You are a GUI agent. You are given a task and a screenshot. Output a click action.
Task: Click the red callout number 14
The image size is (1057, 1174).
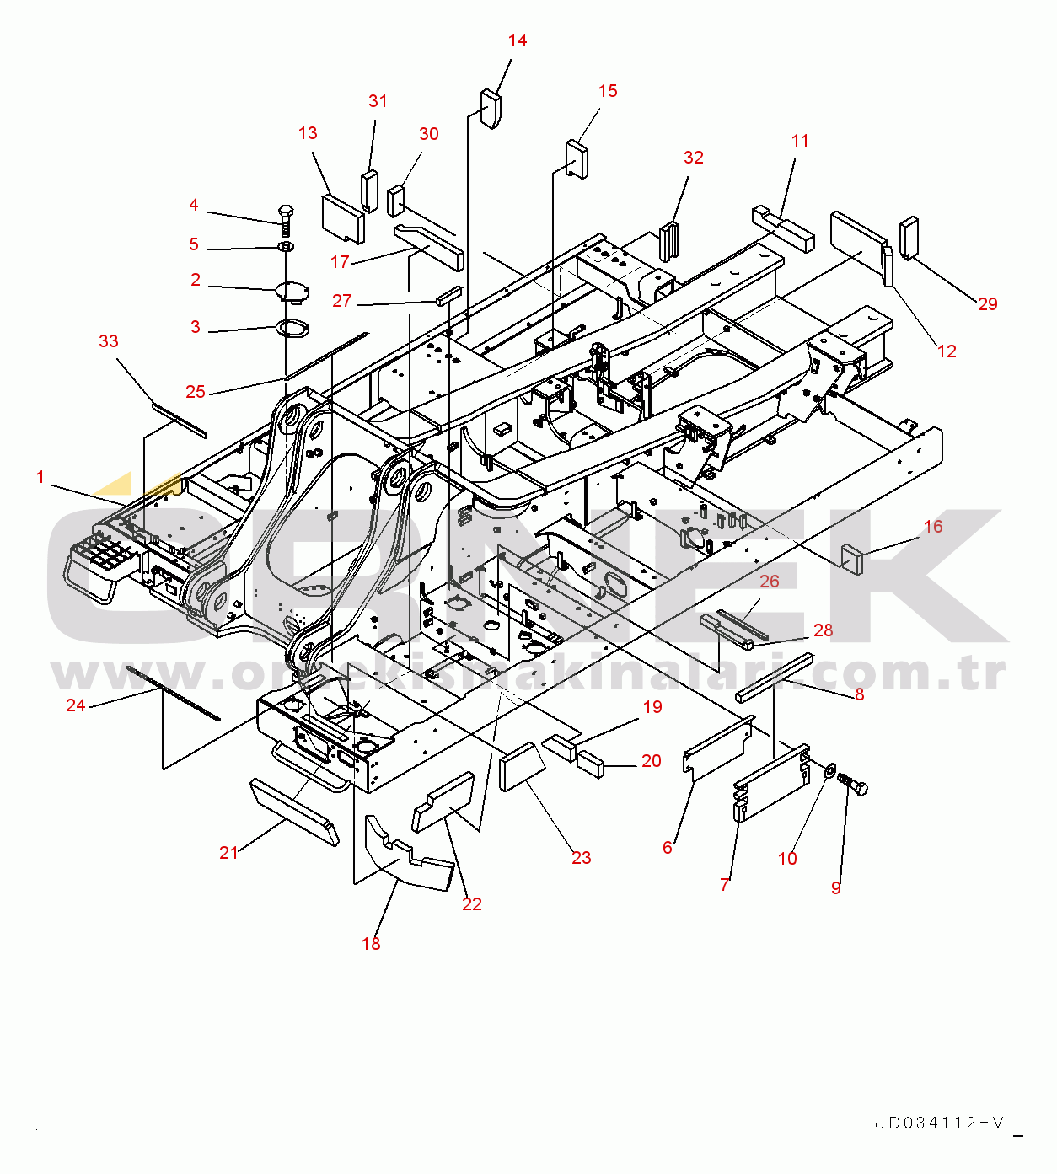pos(517,40)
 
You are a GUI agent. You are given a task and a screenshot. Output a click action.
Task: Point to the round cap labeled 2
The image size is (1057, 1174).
pos(292,292)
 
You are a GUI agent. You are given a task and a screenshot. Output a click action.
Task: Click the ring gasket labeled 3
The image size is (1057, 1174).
pos(292,327)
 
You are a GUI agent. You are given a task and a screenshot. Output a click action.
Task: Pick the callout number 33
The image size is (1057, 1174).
pos(109,341)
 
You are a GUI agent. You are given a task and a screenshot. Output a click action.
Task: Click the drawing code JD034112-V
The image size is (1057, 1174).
pos(939,1123)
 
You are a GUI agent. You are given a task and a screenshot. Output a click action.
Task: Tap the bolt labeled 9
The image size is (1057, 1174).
pos(852,784)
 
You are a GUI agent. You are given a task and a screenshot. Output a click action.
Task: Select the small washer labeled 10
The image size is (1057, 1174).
pos(829,772)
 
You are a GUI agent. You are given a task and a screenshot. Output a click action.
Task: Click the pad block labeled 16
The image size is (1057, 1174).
pos(853,559)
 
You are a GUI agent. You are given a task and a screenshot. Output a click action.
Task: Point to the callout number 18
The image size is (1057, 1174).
pos(371,943)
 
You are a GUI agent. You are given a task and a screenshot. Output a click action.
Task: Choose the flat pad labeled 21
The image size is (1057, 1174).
pos(294,812)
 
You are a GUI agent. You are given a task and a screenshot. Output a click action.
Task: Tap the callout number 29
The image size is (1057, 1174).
pos(987,303)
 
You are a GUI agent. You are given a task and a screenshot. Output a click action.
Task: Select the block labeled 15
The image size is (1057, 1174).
pos(577,158)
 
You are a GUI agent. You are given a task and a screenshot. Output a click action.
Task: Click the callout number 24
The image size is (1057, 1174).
pos(76,705)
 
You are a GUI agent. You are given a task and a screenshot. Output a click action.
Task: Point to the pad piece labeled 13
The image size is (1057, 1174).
pos(343,219)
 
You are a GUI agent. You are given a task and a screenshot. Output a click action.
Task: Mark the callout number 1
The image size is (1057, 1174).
pos(40,477)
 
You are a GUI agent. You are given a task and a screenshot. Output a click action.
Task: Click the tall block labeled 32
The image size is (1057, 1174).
pos(669,241)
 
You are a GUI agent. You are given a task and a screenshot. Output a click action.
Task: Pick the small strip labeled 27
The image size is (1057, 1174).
pos(449,296)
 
